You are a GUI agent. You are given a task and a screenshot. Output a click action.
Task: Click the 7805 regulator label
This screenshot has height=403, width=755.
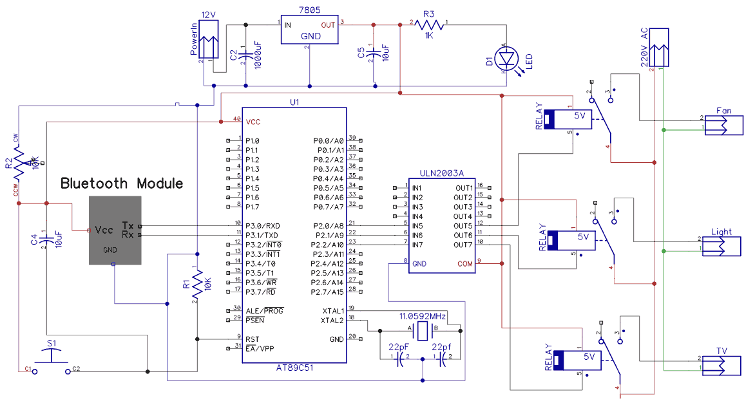311,10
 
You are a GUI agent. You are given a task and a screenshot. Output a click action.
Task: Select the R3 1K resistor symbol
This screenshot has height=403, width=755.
430,24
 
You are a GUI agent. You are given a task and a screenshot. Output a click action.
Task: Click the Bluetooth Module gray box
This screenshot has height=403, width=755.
115,230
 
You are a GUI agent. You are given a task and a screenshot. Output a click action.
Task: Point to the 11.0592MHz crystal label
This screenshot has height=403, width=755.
423,317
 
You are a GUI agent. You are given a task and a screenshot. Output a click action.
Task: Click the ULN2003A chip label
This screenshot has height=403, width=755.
441,172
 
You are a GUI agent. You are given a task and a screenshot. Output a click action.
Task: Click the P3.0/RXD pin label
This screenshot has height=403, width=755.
262,226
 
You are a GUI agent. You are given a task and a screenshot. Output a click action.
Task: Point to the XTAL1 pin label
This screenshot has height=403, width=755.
333,311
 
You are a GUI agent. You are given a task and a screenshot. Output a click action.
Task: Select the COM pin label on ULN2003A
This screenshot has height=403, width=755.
464,263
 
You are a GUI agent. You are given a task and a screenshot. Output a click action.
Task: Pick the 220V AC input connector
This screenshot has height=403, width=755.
659,48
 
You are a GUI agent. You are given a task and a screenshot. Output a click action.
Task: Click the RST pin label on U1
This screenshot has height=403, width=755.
252,339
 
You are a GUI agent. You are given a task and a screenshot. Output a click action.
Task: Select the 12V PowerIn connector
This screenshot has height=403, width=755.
209,41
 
